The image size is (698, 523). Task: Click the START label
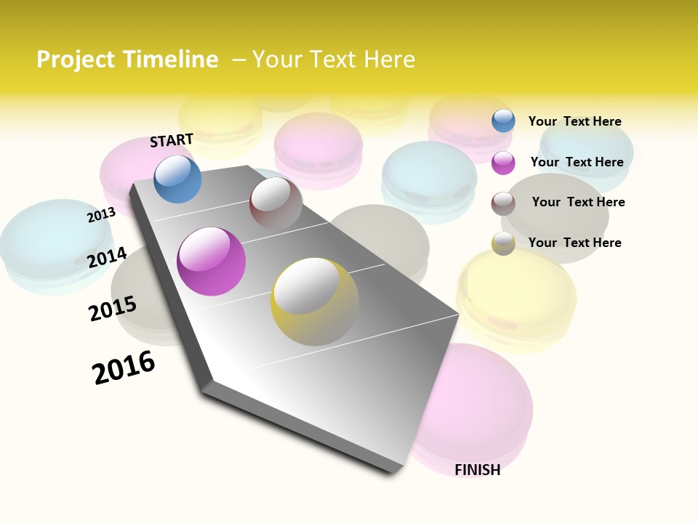coord(172,140)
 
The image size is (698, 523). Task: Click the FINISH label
coord(477,470)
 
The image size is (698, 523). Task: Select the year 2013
coord(101,215)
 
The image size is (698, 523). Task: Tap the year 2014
coord(107,257)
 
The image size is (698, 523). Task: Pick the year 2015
coord(113,309)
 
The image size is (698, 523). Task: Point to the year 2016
coord(124,368)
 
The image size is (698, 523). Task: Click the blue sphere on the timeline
coord(177,179)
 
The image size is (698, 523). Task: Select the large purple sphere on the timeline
coord(211,261)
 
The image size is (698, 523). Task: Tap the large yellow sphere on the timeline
coord(314,301)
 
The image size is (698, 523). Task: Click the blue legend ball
coord(503,121)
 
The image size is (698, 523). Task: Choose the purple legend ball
coord(503,163)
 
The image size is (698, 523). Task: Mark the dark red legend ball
coord(503,203)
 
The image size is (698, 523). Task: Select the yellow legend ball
coord(503,243)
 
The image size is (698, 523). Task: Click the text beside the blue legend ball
coord(574,121)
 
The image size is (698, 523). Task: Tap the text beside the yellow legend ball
coord(574,243)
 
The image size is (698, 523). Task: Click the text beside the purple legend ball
coord(577,162)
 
